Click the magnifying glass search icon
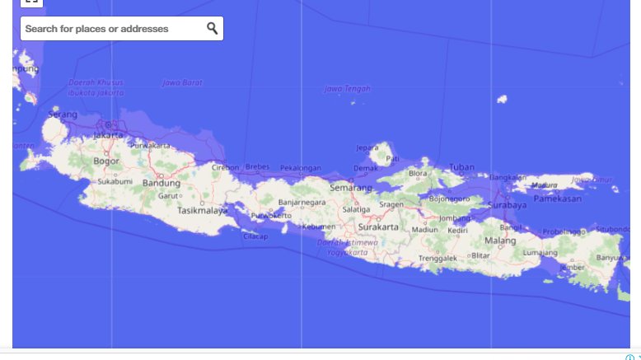click(212, 28)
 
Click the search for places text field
click(111, 29)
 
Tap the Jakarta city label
click(108, 135)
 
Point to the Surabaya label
click(507, 204)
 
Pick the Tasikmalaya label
click(202, 210)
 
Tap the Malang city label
click(499, 241)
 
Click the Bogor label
click(106, 161)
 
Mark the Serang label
click(63, 114)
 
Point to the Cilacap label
click(255, 236)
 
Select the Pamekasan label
click(558, 199)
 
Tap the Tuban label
click(461, 167)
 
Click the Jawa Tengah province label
click(347, 89)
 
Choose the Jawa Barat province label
click(182, 82)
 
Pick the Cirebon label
click(225, 167)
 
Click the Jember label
click(572, 267)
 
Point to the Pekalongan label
click(300, 167)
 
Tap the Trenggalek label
click(437, 258)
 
